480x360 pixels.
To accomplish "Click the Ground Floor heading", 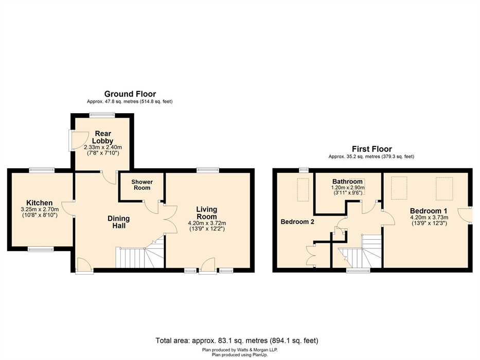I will [130, 94].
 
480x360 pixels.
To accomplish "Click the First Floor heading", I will [371, 149].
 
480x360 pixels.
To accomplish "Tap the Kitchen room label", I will [40, 203].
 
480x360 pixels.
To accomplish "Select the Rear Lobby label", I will [102, 137].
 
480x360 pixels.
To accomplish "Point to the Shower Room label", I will [141, 185].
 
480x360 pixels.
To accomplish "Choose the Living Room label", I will [206, 213].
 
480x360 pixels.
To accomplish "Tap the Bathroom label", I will [347, 182].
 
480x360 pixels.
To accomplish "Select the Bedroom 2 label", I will [297, 222].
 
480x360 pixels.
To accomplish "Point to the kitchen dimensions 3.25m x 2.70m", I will [40, 209].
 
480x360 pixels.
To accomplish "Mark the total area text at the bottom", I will [237, 340].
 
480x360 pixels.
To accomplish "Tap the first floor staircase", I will [362, 251].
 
